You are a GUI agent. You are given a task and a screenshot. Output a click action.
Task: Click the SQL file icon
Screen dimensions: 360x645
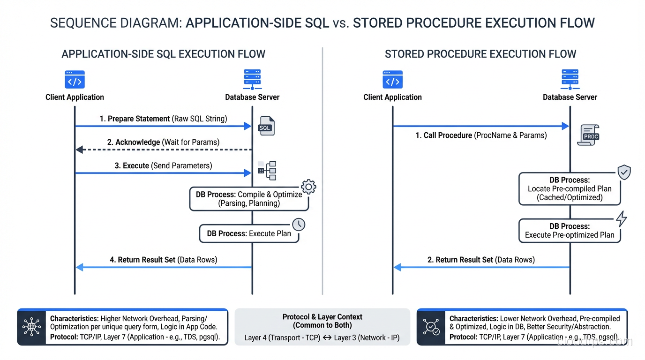266,126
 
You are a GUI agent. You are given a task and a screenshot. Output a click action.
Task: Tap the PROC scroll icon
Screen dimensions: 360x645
589,135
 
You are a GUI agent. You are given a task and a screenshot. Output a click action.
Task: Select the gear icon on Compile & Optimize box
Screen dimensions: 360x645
308,187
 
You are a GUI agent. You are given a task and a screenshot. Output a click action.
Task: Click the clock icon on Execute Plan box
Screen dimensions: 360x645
299,225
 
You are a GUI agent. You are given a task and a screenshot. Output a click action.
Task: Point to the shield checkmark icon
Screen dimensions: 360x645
623,172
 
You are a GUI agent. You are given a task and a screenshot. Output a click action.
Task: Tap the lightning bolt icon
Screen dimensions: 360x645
621,219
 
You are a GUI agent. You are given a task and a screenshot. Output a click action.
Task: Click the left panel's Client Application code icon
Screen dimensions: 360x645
75,80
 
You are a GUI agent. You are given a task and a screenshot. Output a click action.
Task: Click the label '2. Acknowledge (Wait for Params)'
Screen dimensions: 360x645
163,142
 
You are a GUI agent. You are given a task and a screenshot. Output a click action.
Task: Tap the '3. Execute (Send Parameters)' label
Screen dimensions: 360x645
163,165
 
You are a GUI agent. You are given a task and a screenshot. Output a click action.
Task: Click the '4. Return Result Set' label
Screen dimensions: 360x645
163,260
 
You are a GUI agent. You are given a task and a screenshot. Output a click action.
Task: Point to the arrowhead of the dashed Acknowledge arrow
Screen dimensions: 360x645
79,150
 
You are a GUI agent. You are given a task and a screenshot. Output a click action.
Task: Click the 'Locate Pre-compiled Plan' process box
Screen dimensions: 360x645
570,189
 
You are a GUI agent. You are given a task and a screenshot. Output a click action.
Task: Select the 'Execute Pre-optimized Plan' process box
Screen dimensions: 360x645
570,231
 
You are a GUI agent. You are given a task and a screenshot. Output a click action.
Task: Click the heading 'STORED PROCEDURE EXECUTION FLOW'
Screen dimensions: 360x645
480,54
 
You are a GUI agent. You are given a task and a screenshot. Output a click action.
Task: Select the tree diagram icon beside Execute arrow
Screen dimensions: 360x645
267,171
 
